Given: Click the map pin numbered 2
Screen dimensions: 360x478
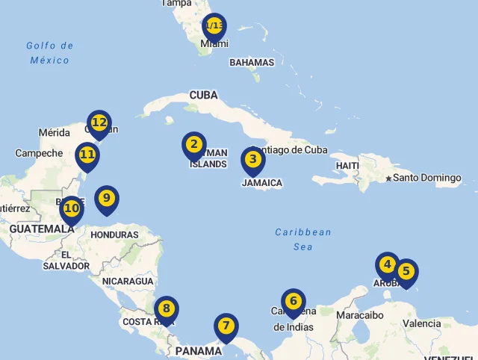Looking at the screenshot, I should coord(194,145).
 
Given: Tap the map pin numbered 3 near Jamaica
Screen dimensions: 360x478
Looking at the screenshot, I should coord(253,160).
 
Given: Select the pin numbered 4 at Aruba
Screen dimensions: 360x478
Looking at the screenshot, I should coord(387,265).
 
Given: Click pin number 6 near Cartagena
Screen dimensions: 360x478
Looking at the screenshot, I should coord(294,302).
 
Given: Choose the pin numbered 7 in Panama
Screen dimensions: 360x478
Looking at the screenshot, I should coord(226,326).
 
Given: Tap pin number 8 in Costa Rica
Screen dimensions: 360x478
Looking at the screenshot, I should coord(167,308).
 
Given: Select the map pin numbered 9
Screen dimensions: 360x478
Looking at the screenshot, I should coord(107,199).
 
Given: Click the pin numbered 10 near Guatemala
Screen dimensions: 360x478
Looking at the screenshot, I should coord(72,209).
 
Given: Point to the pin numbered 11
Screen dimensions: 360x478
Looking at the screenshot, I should coord(87,156).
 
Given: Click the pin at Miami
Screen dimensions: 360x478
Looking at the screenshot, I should coord(214,27).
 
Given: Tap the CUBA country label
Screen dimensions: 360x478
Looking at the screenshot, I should coord(203,95).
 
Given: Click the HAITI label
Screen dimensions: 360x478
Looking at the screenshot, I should coord(348,165).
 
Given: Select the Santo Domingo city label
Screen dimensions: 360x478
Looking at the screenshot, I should coord(427,178).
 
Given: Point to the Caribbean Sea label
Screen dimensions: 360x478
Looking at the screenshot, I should coord(303,239).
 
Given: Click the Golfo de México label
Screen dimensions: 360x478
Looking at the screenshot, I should coord(50,52).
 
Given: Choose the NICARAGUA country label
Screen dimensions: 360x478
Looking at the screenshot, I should coord(128,282).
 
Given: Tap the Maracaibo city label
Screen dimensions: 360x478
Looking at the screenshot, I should coord(360,315).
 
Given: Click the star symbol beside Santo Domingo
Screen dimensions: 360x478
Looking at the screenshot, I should coord(388,178).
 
